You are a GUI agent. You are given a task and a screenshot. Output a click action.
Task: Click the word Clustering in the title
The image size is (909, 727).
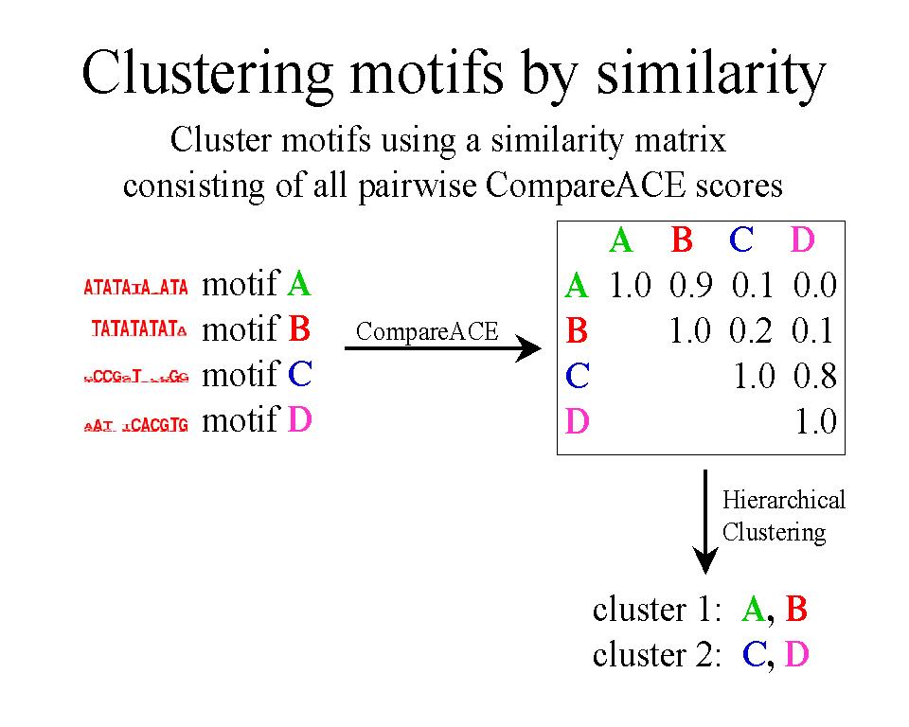(x=217, y=73)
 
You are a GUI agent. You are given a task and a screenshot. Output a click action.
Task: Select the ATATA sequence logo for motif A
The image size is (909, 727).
(x=136, y=286)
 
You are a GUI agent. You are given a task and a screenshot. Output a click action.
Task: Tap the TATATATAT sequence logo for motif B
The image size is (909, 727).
(x=139, y=330)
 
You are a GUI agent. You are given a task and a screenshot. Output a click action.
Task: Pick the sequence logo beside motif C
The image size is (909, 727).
(x=136, y=377)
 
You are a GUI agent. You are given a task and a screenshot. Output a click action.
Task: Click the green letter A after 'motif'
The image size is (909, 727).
(x=299, y=283)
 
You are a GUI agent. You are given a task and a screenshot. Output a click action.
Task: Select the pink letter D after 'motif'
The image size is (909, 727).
(x=299, y=419)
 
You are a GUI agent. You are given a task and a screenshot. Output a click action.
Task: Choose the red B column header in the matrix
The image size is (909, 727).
(x=682, y=240)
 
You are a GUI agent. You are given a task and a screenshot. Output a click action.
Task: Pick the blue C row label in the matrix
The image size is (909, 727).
(x=578, y=377)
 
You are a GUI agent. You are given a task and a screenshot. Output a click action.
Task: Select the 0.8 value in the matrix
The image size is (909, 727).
(x=815, y=377)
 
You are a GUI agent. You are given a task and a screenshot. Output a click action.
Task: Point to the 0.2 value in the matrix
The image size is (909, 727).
(x=753, y=330)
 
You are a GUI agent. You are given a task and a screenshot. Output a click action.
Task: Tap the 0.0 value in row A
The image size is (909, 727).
(x=815, y=285)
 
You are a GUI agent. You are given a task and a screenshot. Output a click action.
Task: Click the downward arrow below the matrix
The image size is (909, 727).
(x=704, y=521)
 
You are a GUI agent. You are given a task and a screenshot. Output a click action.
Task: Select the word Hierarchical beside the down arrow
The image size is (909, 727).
(x=784, y=500)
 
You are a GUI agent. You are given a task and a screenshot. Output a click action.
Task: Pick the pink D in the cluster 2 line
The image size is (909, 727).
(x=797, y=655)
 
